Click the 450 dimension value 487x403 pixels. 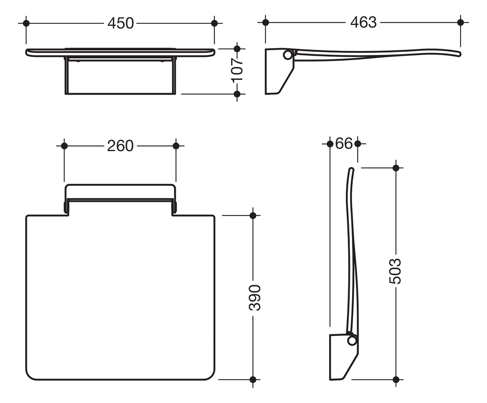(x=121, y=24)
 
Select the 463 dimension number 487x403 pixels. (x=363, y=22)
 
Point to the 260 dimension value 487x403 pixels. (x=120, y=146)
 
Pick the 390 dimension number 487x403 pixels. (x=255, y=298)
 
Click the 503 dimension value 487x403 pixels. (x=395, y=271)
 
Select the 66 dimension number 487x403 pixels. (x=344, y=143)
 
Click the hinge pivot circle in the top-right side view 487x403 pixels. (x=288, y=55)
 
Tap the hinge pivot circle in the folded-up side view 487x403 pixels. (x=352, y=341)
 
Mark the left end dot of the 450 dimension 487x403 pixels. (x=26, y=24)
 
